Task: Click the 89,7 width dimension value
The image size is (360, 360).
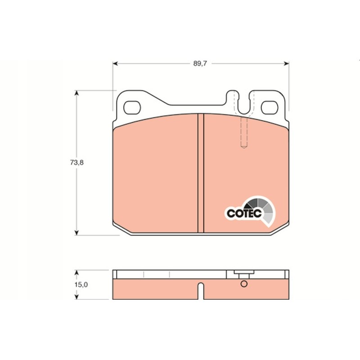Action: [200, 64]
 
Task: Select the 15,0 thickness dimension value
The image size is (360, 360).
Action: [81, 285]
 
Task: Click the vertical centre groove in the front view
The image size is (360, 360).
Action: [201, 173]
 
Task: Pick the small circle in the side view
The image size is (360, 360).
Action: [244, 284]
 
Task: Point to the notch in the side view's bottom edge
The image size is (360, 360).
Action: [201, 292]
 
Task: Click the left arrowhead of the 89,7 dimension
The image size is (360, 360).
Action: [114, 64]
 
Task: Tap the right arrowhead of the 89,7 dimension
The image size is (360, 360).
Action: [286, 64]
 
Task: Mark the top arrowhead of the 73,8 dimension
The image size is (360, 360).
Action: [77, 93]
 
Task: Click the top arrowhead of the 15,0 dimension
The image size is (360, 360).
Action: [77, 273]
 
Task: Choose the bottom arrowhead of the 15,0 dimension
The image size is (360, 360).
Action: [77, 297]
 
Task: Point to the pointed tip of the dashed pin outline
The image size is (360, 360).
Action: [244, 148]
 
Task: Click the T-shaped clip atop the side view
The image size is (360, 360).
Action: [242, 273]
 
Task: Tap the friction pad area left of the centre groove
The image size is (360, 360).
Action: [155, 175]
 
